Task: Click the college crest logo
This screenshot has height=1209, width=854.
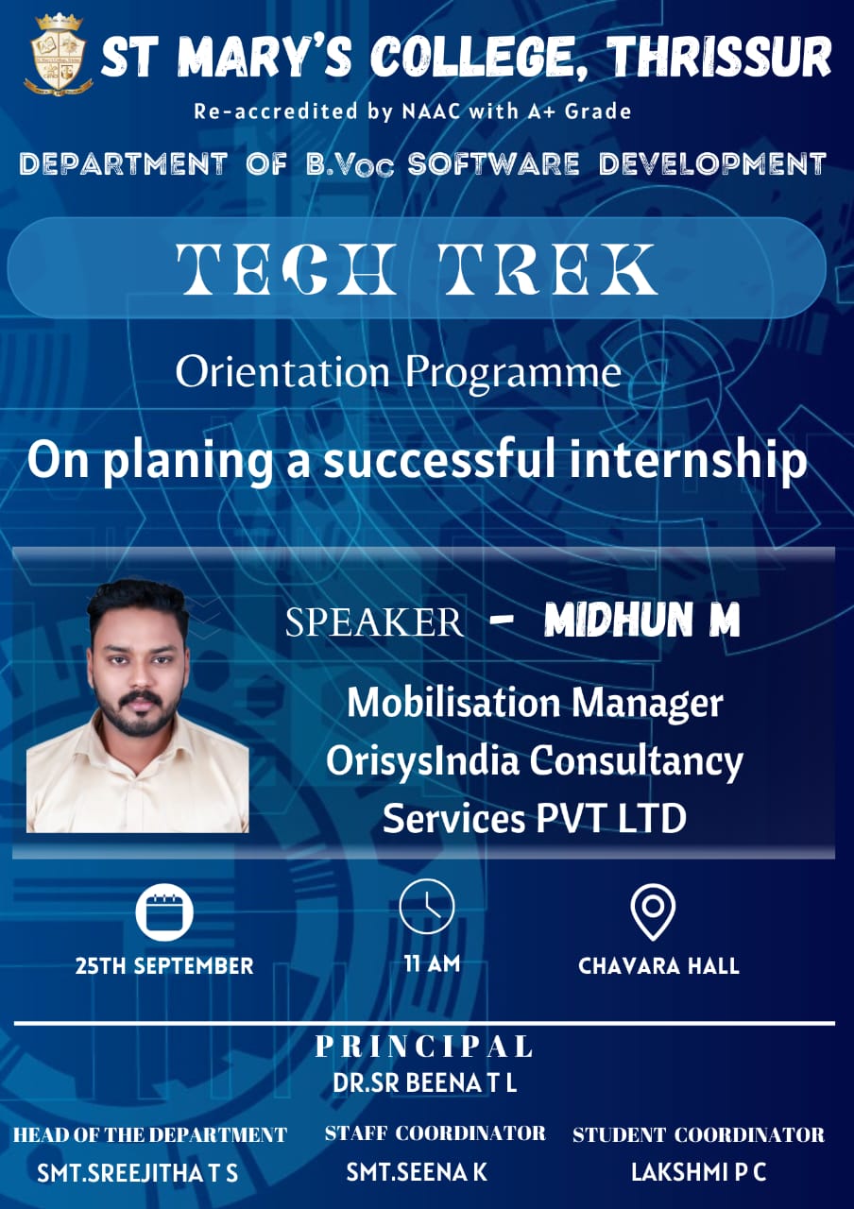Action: (58, 55)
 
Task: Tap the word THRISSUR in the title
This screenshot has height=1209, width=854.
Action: (719, 58)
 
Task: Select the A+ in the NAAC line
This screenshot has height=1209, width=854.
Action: (542, 111)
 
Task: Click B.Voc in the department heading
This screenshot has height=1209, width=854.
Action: (350, 164)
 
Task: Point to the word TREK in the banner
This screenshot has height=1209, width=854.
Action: (548, 268)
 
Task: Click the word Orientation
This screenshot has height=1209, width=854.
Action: (282, 372)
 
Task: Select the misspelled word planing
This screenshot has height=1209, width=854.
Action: (188, 461)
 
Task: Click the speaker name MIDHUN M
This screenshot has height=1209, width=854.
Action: (641, 621)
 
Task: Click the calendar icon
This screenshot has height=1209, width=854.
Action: (164, 912)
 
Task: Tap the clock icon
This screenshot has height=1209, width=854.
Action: (426, 907)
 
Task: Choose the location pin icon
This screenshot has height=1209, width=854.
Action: (653, 912)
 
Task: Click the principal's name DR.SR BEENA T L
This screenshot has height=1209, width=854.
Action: (425, 1082)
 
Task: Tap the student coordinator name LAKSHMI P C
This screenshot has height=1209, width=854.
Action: (698, 1172)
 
